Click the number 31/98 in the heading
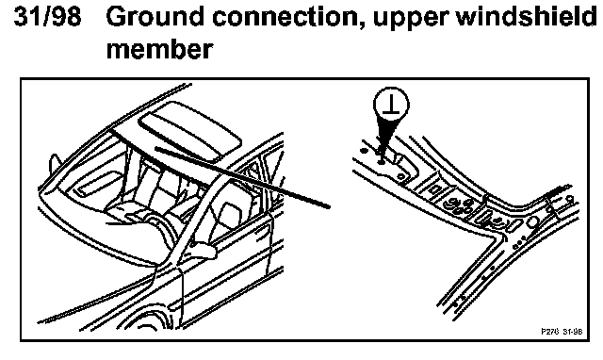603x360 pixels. [x=47, y=16]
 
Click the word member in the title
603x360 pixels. [x=159, y=50]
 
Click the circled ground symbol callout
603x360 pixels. [x=391, y=105]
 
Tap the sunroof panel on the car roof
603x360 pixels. [x=190, y=131]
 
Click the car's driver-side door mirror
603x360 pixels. [x=204, y=250]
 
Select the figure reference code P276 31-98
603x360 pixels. [x=562, y=331]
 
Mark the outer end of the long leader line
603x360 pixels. [x=329, y=206]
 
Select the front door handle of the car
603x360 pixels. [x=266, y=230]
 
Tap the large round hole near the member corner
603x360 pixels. [x=533, y=222]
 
